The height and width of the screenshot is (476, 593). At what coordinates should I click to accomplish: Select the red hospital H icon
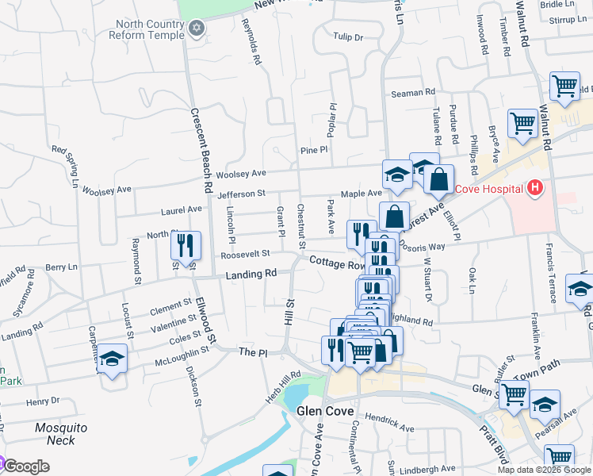(535, 188)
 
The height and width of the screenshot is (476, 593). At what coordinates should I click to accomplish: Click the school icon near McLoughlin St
(113, 359)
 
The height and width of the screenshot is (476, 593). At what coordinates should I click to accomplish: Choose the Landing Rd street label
(251, 274)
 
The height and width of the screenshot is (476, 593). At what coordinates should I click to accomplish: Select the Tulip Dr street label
(347, 37)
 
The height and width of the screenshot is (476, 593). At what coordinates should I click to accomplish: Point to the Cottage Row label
(337, 263)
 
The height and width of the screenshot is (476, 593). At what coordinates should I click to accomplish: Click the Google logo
(25, 467)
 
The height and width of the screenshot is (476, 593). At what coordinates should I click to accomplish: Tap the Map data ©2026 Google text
(543, 470)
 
